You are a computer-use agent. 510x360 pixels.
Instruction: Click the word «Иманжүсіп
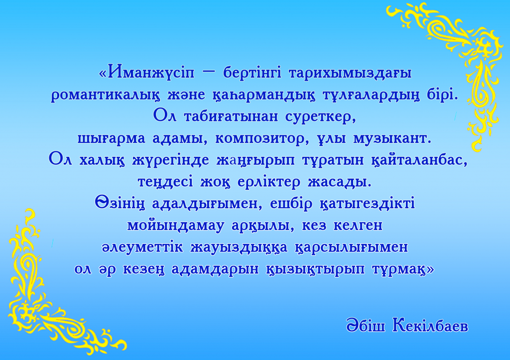pyautogui.click(x=146, y=72)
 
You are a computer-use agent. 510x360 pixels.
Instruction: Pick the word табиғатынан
pyautogui.click(x=231, y=117)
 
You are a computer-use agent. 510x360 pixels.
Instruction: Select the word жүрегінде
pyautogui.click(x=171, y=160)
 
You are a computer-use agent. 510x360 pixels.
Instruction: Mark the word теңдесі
pyautogui.click(x=165, y=182)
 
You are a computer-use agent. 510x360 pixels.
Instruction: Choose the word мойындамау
pyautogui.click(x=176, y=226)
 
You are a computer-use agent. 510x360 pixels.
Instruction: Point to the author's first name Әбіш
pyautogui.click(x=366, y=325)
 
